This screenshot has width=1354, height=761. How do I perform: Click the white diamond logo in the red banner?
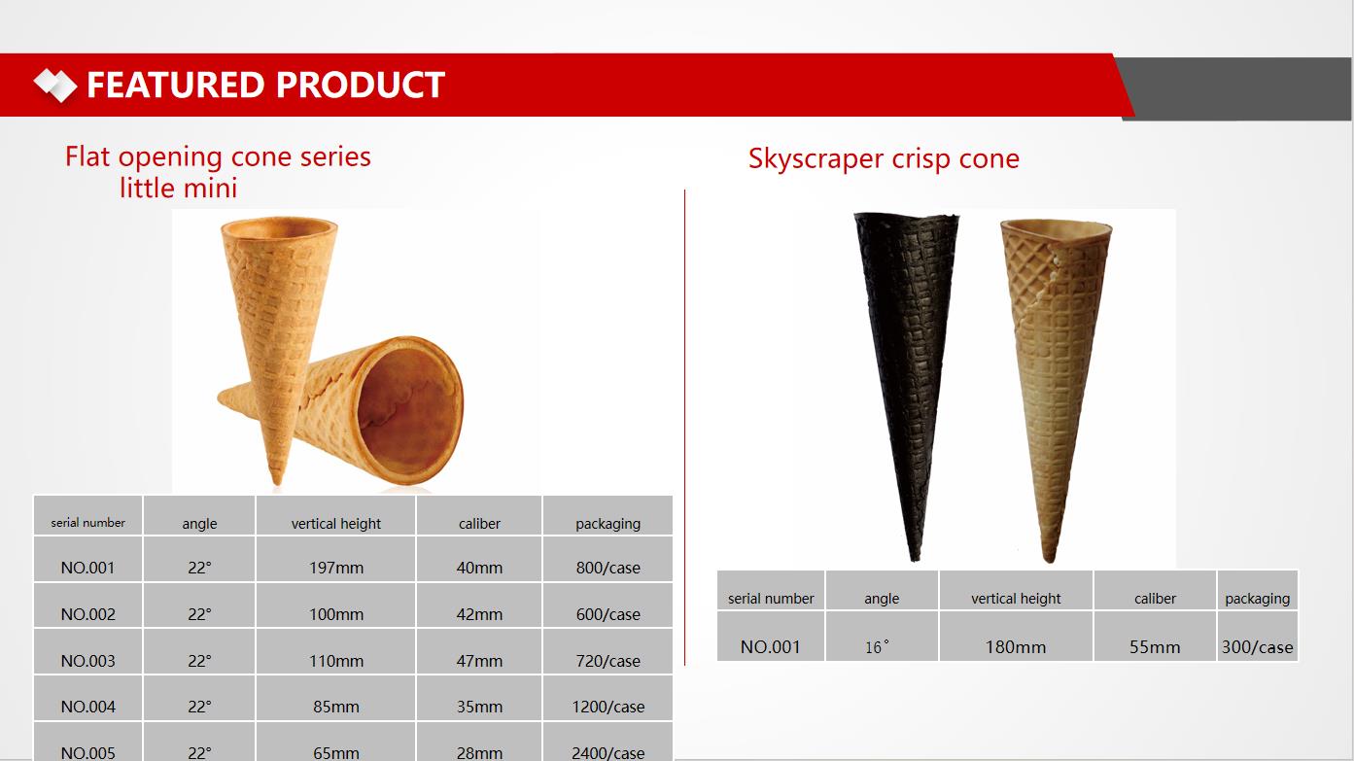(x=55, y=86)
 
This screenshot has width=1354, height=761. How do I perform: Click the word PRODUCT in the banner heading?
(x=361, y=85)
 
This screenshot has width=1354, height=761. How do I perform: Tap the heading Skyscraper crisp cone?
(x=884, y=159)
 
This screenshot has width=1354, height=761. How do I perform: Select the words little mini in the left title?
(x=178, y=188)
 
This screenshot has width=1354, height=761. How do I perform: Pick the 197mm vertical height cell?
(x=336, y=559)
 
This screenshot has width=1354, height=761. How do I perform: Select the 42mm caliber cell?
(x=479, y=605)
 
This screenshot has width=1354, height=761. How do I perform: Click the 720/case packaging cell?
(x=608, y=651)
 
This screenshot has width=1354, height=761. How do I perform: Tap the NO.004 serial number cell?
(x=87, y=698)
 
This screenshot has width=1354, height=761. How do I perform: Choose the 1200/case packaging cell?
(x=608, y=698)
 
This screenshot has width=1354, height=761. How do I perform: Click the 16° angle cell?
(x=882, y=636)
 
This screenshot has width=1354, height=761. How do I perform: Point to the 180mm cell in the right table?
(x=1016, y=636)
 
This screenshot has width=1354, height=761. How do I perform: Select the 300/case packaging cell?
(x=1258, y=636)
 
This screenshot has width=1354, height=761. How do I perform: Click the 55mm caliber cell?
(x=1155, y=636)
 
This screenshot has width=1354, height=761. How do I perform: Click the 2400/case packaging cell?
(x=608, y=743)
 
